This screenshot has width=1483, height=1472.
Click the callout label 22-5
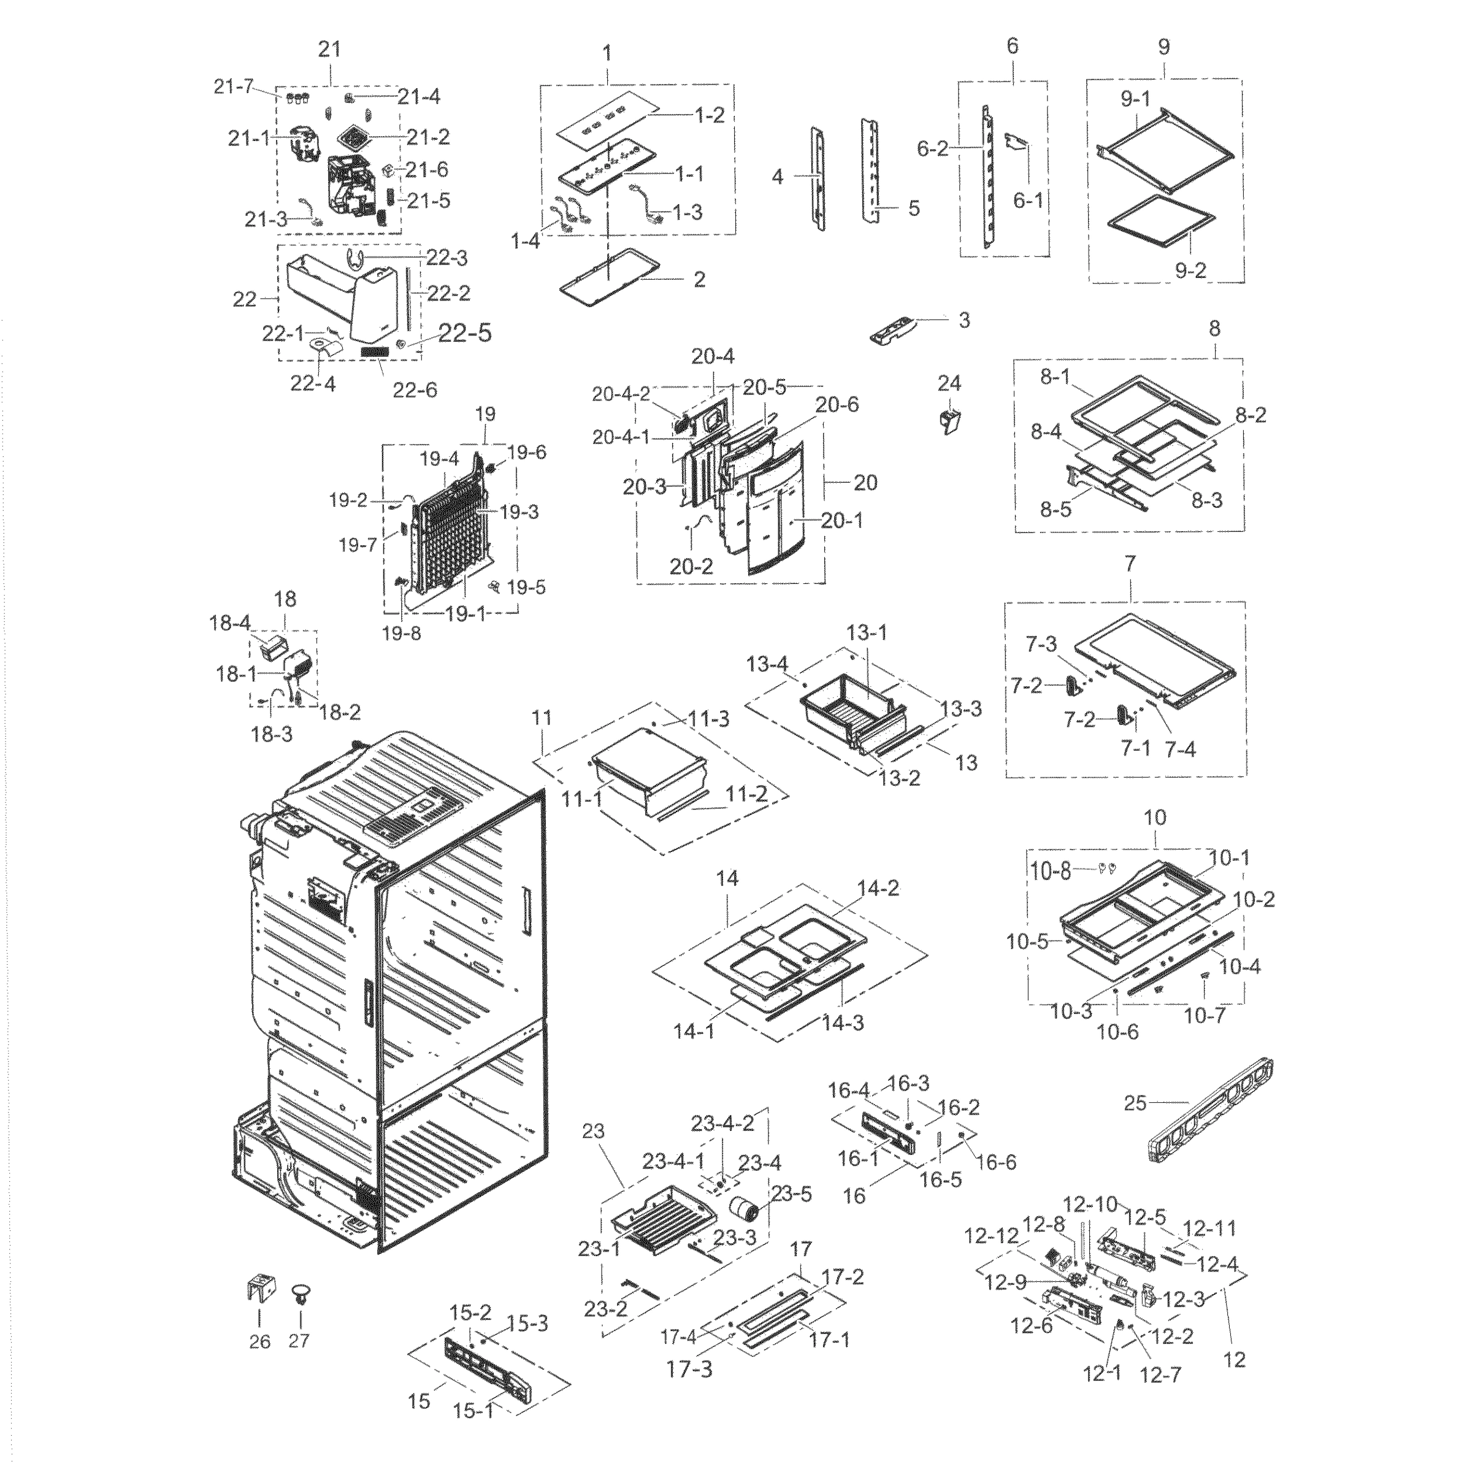(x=464, y=332)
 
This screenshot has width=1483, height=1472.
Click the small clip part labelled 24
(x=951, y=421)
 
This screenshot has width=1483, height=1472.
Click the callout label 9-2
(x=1190, y=270)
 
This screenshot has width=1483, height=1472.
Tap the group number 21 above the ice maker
(x=329, y=50)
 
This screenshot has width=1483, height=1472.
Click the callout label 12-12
(x=991, y=1236)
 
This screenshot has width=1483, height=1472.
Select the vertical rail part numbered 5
(x=870, y=171)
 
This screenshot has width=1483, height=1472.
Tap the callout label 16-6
(x=997, y=1163)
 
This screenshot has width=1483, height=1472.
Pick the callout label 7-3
(x=1041, y=644)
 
